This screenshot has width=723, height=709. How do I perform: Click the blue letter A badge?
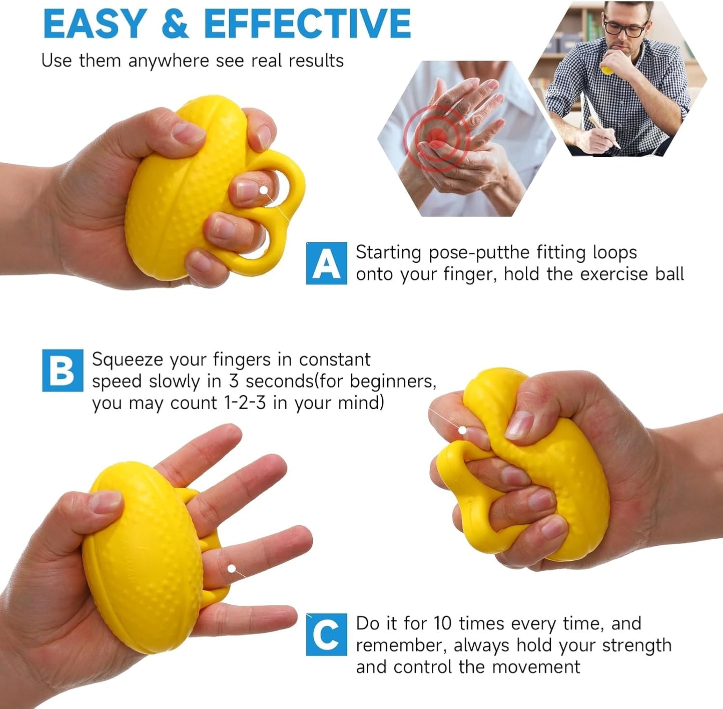pos(326,263)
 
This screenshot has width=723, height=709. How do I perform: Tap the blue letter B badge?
pos(63,371)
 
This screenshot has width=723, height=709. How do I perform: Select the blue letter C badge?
pos(326,634)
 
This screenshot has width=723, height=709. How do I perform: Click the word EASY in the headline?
pos(95,24)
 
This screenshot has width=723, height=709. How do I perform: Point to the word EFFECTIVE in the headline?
pos(307,24)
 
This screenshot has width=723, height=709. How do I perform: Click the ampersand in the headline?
pos(175,24)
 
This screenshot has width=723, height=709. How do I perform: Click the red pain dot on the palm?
pos(437,134)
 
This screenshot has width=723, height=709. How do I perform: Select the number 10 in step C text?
pos(443,624)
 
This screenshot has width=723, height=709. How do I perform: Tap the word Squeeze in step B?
pos(128,360)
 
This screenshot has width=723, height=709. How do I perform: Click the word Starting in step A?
pos(388,252)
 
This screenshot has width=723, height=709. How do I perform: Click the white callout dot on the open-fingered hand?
pos(232,568)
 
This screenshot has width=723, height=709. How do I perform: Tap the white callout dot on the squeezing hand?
pos(463,430)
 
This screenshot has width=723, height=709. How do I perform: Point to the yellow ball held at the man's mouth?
pos(607,70)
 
